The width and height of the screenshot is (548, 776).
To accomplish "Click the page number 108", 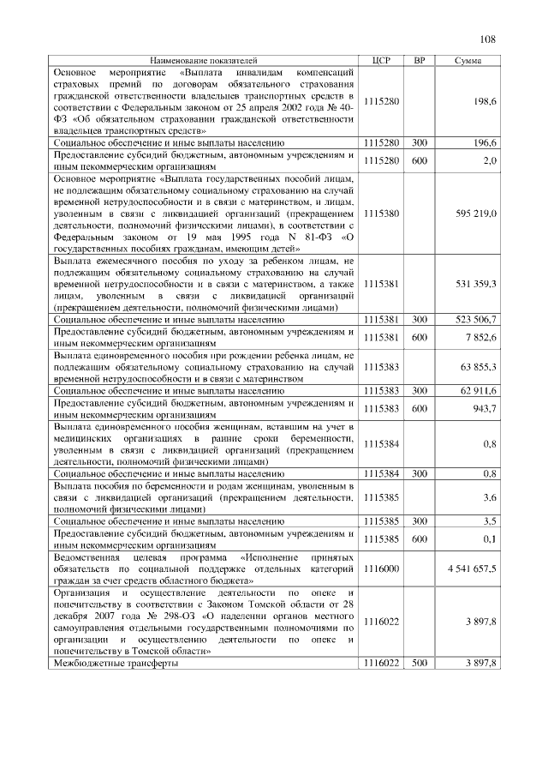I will tap(488, 39).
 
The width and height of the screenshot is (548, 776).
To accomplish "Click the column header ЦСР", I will tap(382, 61).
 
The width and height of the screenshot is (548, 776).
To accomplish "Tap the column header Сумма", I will tap(468, 61).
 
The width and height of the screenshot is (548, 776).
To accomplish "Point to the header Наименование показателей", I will tap(203, 61).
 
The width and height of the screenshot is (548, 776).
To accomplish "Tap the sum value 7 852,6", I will tap(480, 337).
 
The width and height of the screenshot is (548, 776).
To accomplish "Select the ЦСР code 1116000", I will tap(382, 569).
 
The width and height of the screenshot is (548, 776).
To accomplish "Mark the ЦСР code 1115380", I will tap(382, 212).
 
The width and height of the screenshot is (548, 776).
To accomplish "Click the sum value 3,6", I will tap(490, 497).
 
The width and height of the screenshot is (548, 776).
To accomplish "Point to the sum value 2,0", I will tap(490, 160).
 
